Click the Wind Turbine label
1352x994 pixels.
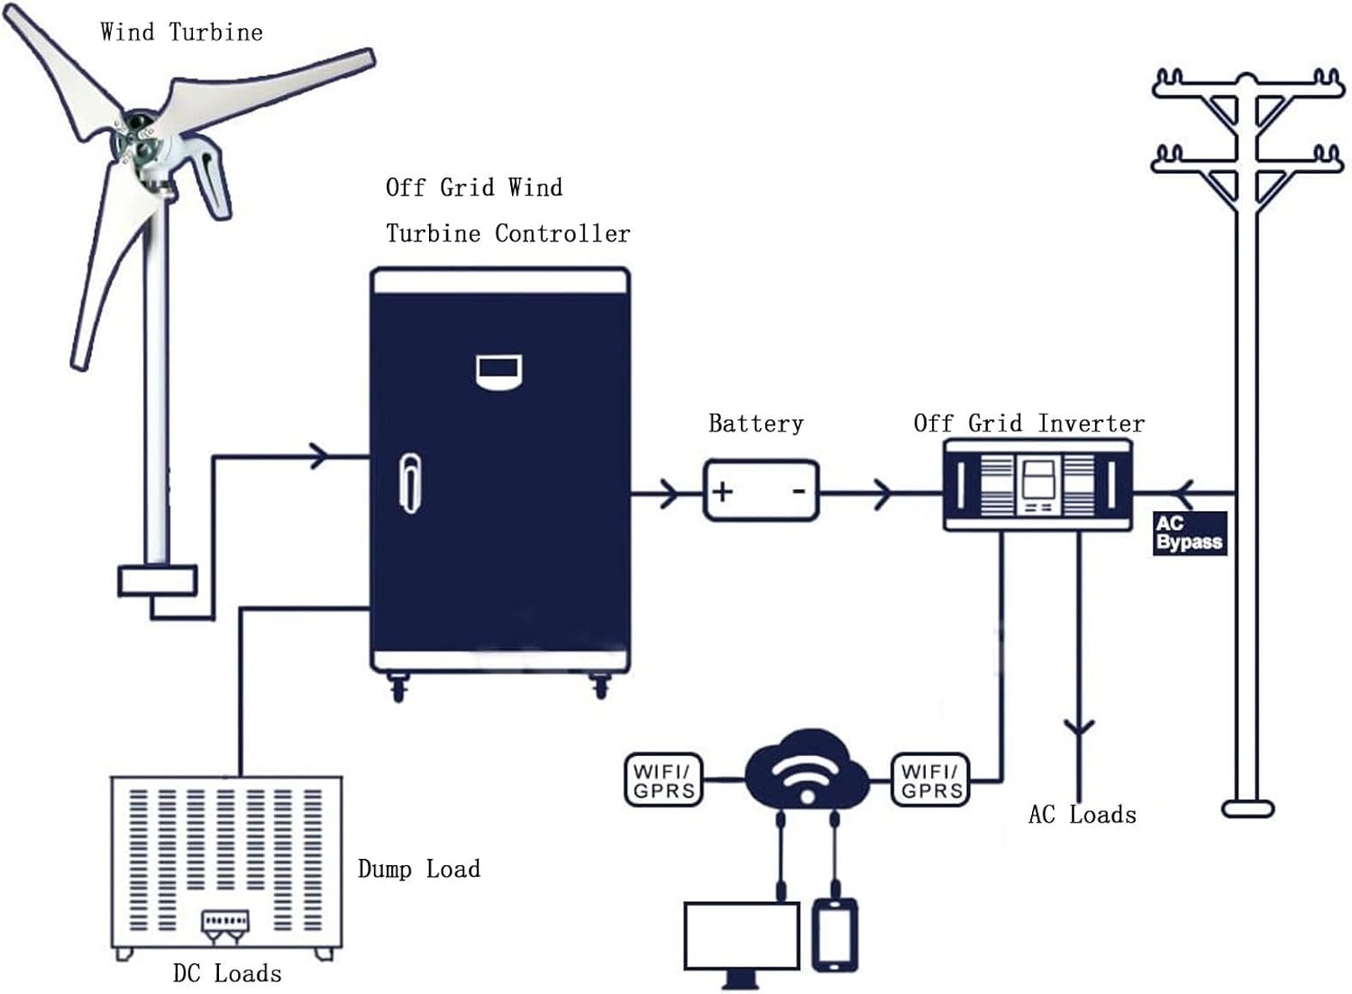coord(181,32)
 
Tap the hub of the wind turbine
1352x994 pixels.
coord(137,135)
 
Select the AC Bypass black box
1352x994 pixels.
coord(1189,533)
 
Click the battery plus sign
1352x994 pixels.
coord(723,492)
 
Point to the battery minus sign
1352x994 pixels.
coord(799,491)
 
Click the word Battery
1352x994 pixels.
coord(755,424)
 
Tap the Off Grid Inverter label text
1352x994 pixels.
coord(1028,424)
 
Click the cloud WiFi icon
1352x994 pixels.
coord(807,776)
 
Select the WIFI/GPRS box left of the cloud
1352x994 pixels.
coord(663,780)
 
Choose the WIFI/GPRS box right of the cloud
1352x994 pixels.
coord(930,780)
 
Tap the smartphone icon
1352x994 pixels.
coord(835,935)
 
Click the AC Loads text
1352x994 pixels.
coord(1082,815)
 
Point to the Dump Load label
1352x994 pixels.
coord(418,870)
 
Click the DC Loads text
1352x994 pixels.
coord(227,974)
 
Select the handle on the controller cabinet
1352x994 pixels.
coord(410,482)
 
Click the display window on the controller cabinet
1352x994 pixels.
coord(499,371)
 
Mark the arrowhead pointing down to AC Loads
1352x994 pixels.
coord(1079,727)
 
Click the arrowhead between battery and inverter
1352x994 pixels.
coord(883,493)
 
